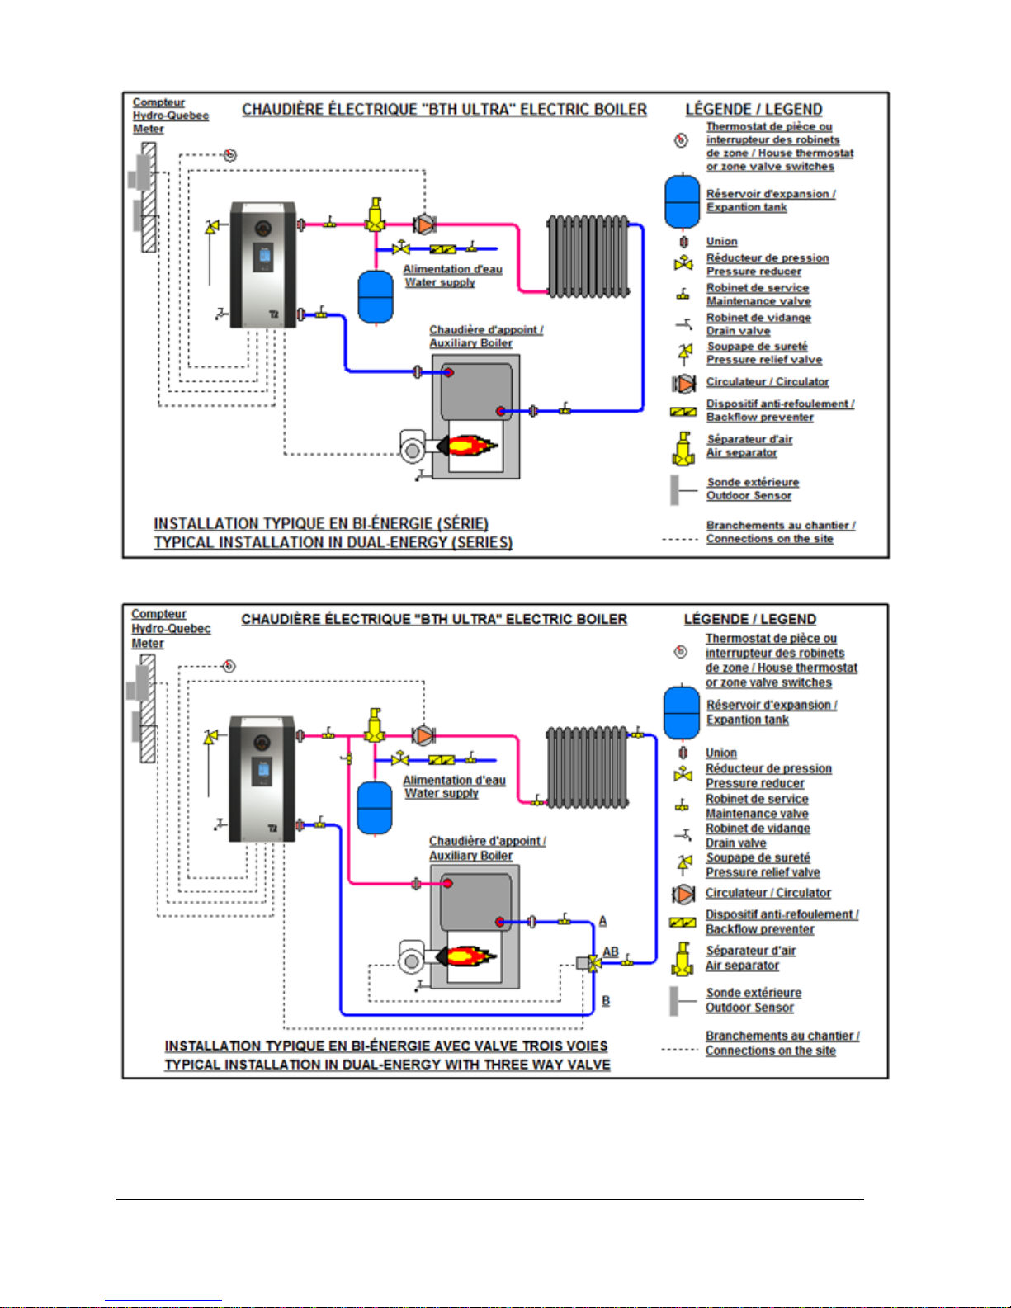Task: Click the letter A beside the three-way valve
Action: [602, 921]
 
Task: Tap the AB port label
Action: [611, 951]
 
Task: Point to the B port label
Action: [606, 1000]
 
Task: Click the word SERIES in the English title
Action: [484, 542]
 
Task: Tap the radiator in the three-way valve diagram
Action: [588, 767]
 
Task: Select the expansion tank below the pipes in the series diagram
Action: [376, 297]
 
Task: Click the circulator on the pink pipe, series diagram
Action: [425, 224]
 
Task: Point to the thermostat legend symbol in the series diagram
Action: [681, 140]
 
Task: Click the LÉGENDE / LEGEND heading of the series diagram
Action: [754, 110]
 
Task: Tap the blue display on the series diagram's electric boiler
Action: [265, 257]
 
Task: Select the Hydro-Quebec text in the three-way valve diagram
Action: [171, 629]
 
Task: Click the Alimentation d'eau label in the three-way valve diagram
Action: [454, 780]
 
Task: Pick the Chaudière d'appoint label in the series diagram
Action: [486, 330]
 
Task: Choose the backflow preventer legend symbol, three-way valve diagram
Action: [683, 922]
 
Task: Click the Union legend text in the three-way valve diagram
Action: [721, 753]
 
